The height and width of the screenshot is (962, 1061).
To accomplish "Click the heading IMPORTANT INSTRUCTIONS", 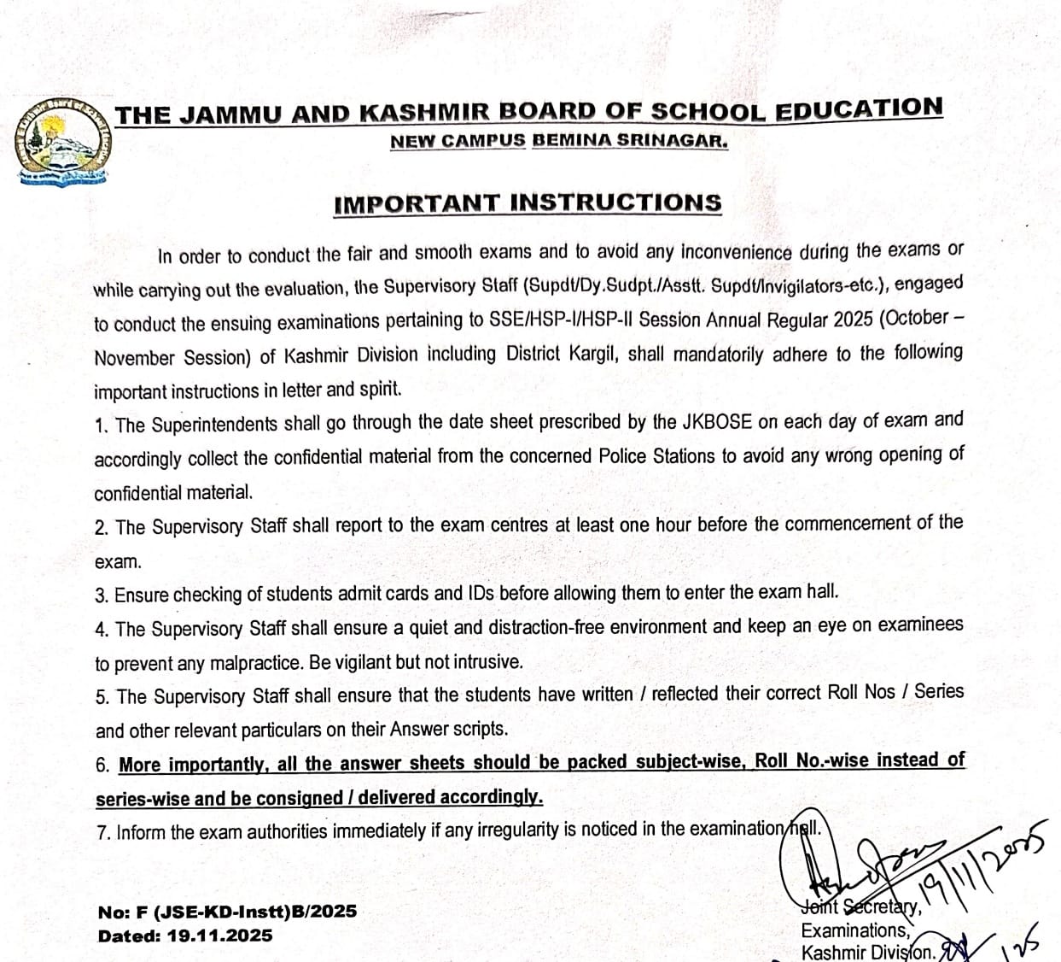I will coord(528,203).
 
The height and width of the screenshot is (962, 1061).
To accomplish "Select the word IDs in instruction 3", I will coord(481,593).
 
